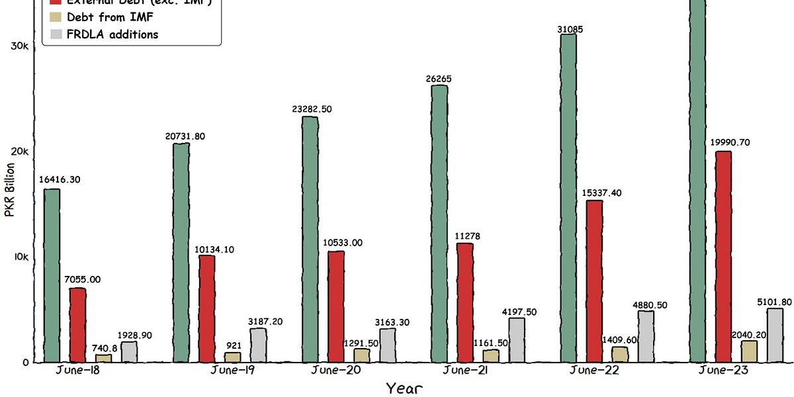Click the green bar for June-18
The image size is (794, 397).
pyautogui.click(x=52, y=275)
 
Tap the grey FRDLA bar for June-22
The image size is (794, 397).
pyautogui.click(x=646, y=336)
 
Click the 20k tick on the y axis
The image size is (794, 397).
pyautogui.click(x=20, y=152)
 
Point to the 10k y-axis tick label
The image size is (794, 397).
pyautogui.click(x=20, y=257)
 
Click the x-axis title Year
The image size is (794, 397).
pyautogui.click(x=405, y=388)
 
